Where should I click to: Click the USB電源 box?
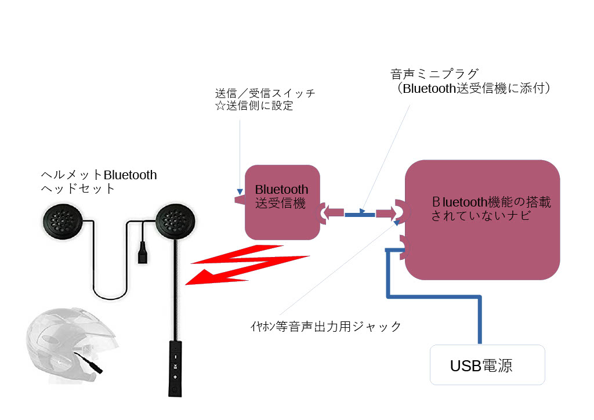pyautogui.click(x=487, y=365)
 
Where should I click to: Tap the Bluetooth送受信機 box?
pyautogui.click(x=282, y=202)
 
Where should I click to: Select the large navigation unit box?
pyautogui.click(x=482, y=219)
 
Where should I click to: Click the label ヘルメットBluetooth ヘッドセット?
pyautogui.click(x=99, y=182)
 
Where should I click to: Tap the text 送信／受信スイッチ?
pyautogui.click(x=265, y=93)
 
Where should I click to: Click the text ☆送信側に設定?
pyautogui.click(x=254, y=107)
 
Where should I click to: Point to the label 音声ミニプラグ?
pyautogui.click(x=434, y=74)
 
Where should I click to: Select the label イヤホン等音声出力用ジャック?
pyautogui.click(x=323, y=327)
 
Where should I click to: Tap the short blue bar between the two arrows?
pyautogui.click(x=360, y=215)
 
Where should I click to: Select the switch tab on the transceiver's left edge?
pyautogui.click(x=239, y=198)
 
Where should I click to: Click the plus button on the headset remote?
pyautogui.click(x=175, y=376)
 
